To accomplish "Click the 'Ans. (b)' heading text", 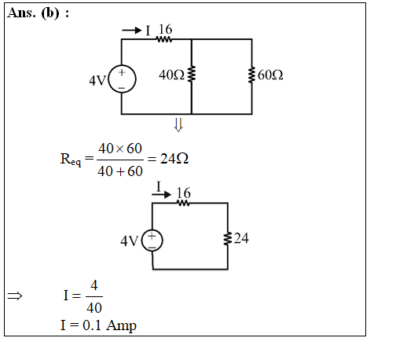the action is (x=34, y=13).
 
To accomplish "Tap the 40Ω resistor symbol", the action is (x=192, y=74).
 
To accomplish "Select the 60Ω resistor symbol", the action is (x=252, y=75).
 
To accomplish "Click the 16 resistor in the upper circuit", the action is (x=164, y=39).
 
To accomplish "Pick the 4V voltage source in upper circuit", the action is (x=122, y=79).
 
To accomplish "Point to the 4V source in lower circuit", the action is (x=152, y=241).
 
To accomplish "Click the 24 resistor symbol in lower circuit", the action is (x=228, y=238).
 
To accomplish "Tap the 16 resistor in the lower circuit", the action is (x=183, y=203).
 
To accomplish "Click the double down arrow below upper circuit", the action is (x=178, y=125).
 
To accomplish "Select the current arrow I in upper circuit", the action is (x=132, y=31).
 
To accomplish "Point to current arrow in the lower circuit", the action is (x=161, y=194).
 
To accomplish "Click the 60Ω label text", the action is (x=270, y=75).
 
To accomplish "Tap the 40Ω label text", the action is (x=171, y=75).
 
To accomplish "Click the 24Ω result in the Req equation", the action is (x=174, y=159).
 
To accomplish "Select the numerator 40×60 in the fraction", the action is (x=120, y=149).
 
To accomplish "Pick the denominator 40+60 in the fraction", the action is (x=120, y=171).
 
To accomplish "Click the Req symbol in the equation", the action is (x=71, y=160).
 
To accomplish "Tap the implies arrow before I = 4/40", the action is (x=15, y=296).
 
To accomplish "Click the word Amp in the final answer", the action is (x=122, y=325).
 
